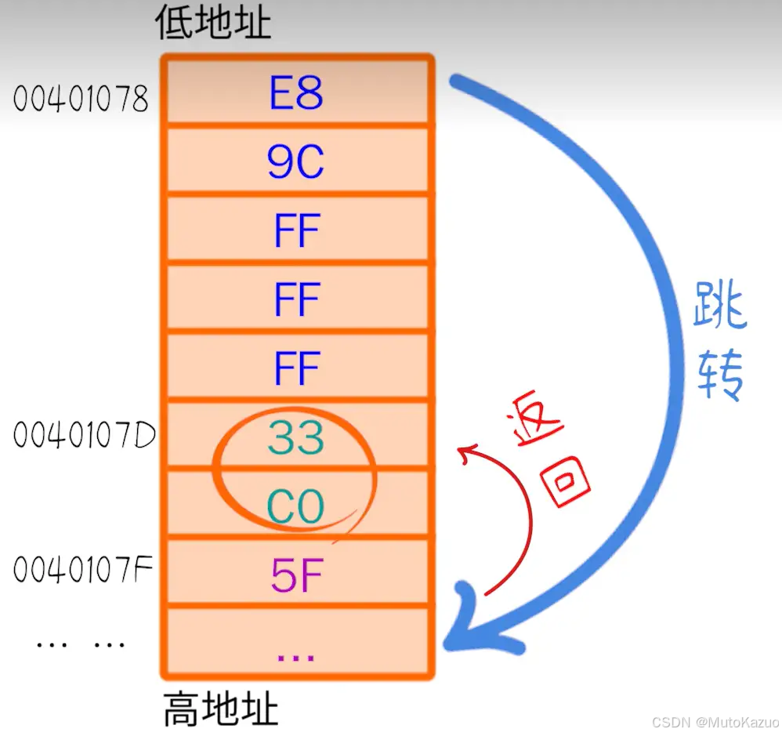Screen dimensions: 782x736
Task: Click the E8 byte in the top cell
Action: click(x=296, y=94)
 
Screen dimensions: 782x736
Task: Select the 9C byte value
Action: click(x=296, y=162)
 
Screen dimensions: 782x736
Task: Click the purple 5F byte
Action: click(x=296, y=576)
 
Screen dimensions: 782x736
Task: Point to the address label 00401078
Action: click(x=81, y=99)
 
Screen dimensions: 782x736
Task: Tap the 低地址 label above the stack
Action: click(x=213, y=24)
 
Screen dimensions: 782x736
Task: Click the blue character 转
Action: click(x=720, y=374)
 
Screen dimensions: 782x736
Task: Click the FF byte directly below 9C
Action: click(x=296, y=231)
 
